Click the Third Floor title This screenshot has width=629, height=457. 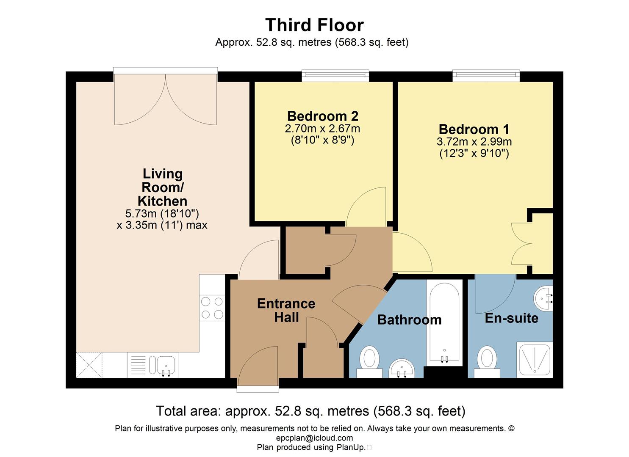click(314, 25)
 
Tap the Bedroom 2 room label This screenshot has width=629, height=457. click(322, 116)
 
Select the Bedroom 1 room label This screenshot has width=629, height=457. click(474, 129)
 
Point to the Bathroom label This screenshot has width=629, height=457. click(409, 320)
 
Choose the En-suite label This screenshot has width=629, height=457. click(511, 318)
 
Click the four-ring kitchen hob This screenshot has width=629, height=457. click(212, 308)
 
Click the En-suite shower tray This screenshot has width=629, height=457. click(535, 360)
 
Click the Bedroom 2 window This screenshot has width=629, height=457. click(335, 76)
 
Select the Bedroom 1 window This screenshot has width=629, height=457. click(486, 76)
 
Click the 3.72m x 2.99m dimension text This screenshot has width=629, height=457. click(474, 142)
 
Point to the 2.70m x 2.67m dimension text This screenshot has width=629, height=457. click(322, 128)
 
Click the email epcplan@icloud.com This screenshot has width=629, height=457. click(314, 438)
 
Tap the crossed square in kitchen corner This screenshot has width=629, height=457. click(89, 365)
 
